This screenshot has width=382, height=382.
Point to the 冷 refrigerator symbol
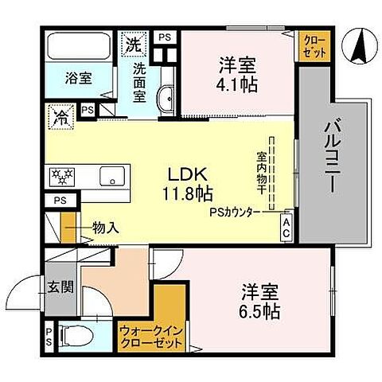coord(60,116)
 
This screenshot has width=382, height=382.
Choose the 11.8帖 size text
coord(189,193)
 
